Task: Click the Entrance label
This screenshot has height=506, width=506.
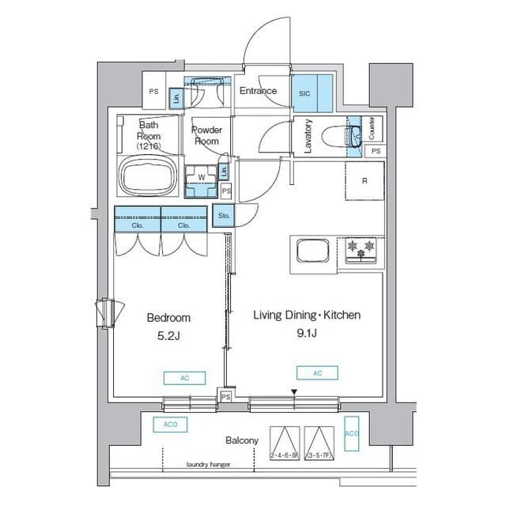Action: tap(259, 91)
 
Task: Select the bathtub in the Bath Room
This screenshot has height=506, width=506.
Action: tap(148, 175)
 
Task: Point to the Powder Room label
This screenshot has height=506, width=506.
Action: tap(207, 135)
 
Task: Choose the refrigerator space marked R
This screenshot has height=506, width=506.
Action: tap(364, 181)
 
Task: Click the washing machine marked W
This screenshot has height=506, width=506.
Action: tap(202, 179)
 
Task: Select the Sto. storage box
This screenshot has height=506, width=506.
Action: tap(224, 214)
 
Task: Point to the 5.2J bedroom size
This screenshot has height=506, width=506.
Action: tap(168, 335)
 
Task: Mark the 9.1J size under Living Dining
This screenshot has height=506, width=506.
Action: tap(306, 333)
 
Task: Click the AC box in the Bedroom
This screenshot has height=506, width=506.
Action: tap(184, 378)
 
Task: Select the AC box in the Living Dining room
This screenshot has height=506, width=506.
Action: tap(317, 372)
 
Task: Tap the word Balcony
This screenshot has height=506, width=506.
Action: tap(241, 440)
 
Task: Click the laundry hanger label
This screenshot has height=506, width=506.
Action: tap(208, 465)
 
